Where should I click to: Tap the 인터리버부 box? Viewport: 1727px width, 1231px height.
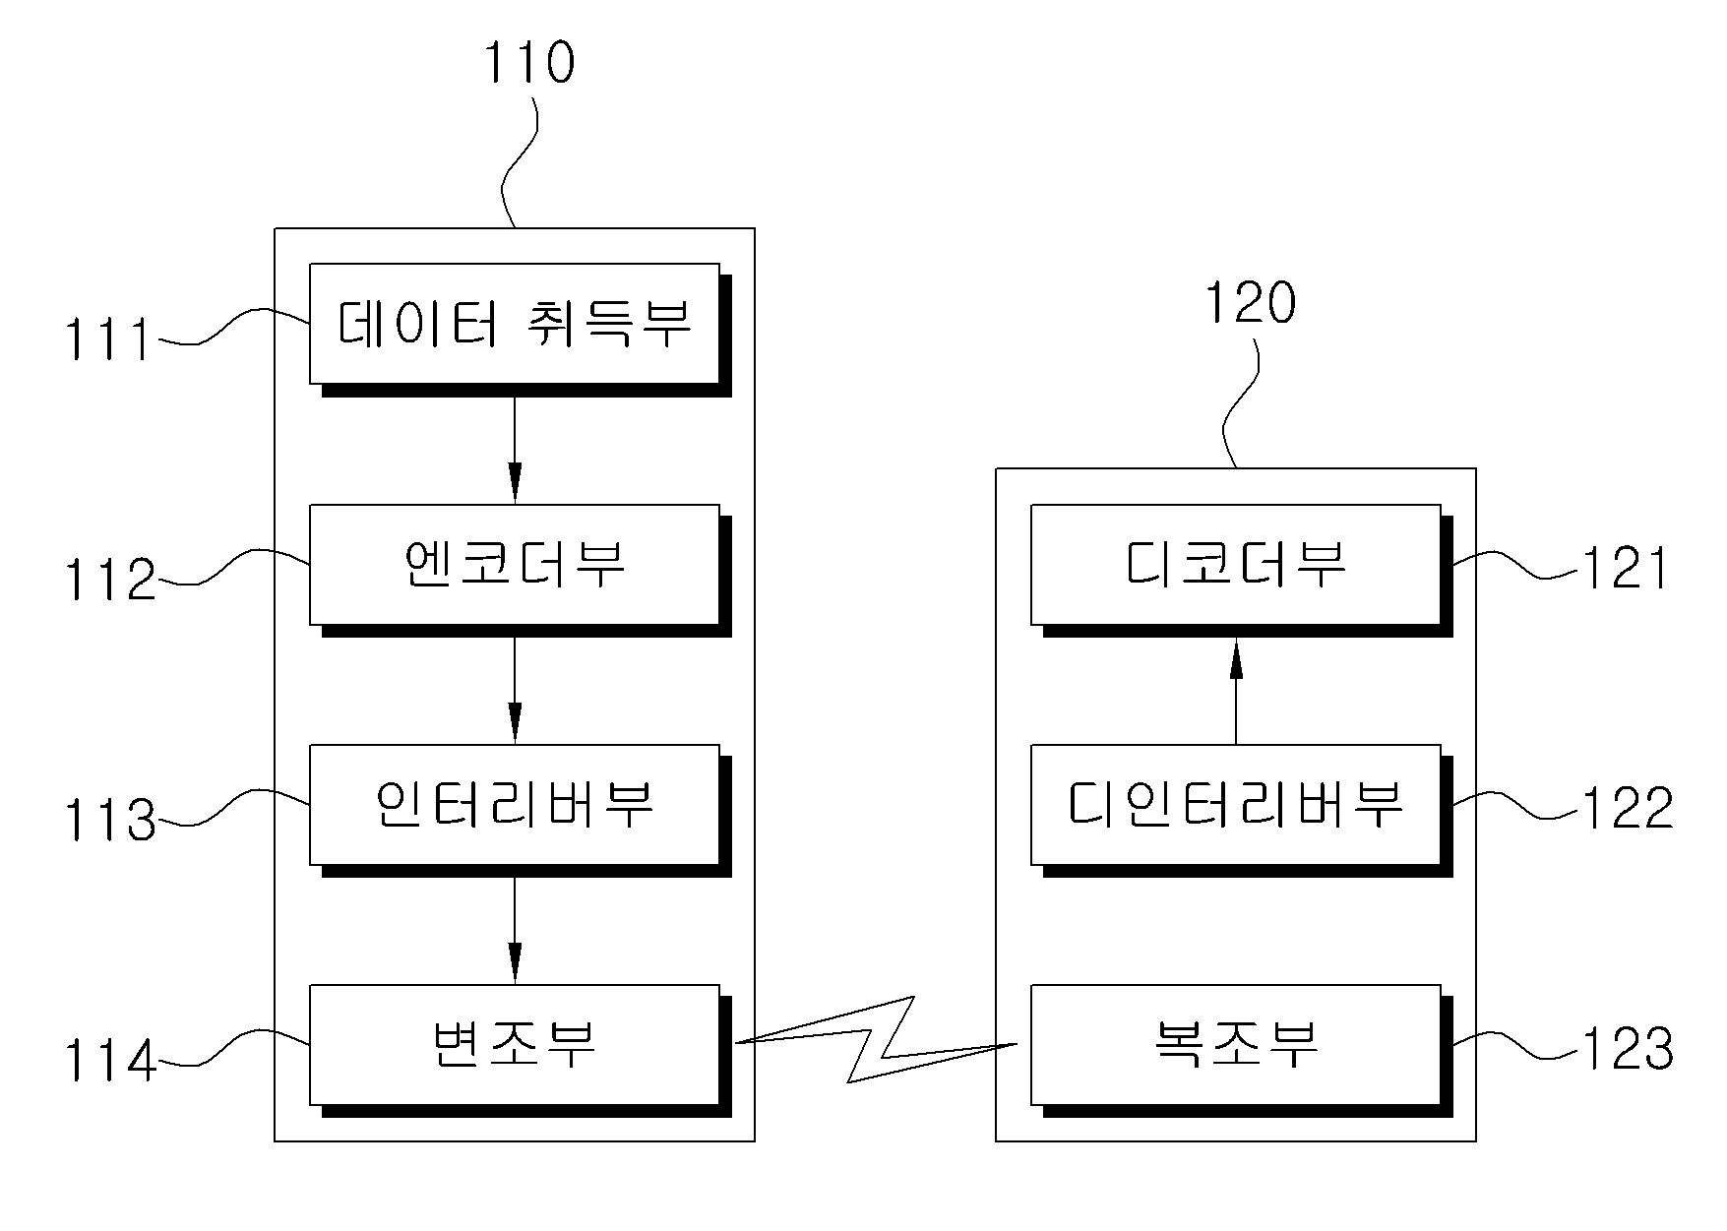point(515,805)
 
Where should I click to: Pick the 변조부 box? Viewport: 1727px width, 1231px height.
point(515,1044)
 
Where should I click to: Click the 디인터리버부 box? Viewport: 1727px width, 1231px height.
point(1236,805)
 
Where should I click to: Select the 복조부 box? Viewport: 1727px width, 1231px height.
point(1236,1044)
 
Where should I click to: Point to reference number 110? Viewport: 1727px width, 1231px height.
point(527,62)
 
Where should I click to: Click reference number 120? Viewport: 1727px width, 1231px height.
point(1251,302)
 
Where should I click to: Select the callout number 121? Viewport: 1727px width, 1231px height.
point(1625,568)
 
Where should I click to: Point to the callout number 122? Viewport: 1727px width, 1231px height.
point(1627,808)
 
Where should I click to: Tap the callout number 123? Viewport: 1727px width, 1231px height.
point(1627,1049)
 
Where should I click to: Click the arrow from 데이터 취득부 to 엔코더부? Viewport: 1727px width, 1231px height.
point(514,451)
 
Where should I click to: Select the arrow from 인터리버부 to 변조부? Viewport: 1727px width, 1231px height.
point(514,931)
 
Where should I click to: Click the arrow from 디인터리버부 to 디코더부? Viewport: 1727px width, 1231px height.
point(1236,691)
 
